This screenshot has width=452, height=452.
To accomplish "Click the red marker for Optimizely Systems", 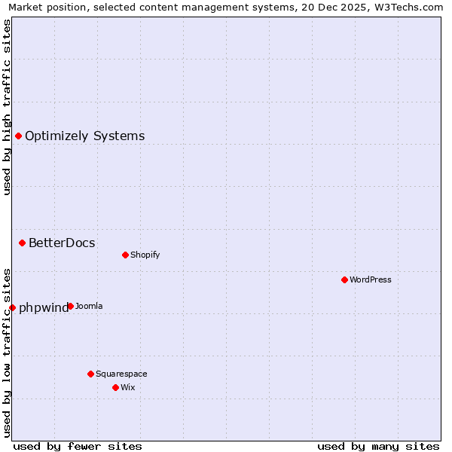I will click(x=18, y=136).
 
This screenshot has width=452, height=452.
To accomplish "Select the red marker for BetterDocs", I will click(x=23, y=243).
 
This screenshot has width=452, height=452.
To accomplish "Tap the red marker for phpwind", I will click(x=12, y=307).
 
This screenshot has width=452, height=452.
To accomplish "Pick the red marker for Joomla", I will click(x=70, y=306).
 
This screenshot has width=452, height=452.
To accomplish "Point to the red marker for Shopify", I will click(x=125, y=255).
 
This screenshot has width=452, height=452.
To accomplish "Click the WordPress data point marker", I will click(x=344, y=279).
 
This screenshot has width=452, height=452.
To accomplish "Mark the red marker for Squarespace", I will click(x=90, y=374).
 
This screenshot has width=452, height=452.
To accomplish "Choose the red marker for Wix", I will click(x=115, y=387).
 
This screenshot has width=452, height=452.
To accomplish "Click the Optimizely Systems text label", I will click(x=84, y=136).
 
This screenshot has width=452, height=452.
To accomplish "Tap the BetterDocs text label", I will click(x=62, y=243).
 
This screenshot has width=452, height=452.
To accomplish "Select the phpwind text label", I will click(x=43, y=307).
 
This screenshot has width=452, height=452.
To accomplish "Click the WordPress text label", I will click(x=371, y=279).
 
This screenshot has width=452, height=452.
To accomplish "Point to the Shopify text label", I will click(x=145, y=255).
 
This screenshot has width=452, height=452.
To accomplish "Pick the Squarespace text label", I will click(x=121, y=374).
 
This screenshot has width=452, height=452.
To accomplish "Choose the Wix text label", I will click(x=127, y=387).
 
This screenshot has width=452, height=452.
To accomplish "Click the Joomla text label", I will click(x=89, y=306).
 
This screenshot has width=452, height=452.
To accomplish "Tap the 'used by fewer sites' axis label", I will click(x=78, y=446).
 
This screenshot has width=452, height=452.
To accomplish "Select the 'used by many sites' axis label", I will click(x=378, y=446).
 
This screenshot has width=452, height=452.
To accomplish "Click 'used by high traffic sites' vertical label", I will click(x=7, y=108).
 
